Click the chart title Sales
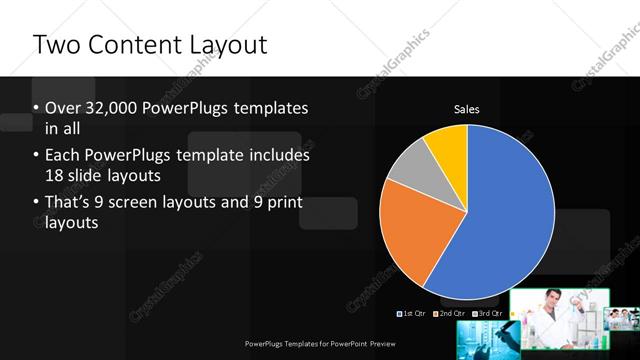(x=467, y=108)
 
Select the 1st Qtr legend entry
(x=413, y=313)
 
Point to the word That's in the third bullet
(x=70, y=204)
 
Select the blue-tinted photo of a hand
(x=484, y=341)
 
